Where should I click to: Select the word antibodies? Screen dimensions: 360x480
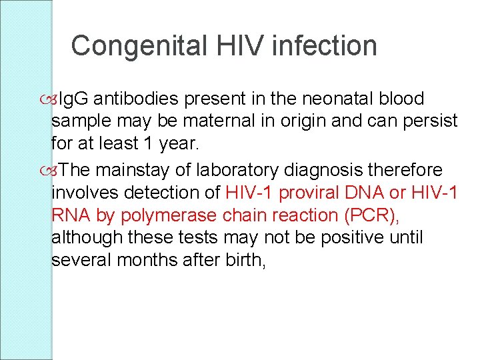pos(137,99)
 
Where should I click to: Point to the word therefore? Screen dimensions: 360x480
pos(415,171)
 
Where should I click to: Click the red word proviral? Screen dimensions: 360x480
pos(313,193)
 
